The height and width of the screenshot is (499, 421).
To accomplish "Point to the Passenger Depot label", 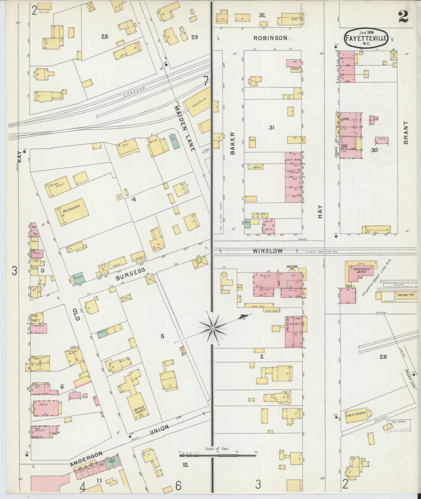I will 360,270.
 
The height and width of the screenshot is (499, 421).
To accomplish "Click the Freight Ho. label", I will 404,296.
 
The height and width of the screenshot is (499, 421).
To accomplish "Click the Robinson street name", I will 270,38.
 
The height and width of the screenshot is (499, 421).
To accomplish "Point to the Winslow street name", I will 267,251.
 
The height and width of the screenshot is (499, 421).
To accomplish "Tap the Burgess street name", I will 130,274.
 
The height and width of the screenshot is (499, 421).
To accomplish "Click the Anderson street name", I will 86,459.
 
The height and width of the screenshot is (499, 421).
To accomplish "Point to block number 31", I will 272,128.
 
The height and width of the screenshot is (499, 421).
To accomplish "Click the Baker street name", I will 233,143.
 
